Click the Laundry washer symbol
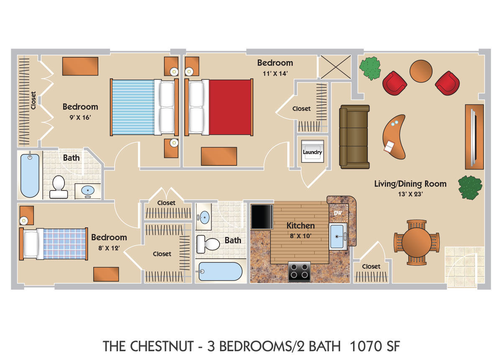pos(312,151)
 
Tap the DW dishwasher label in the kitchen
pos(338,213)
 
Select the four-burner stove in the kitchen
pos(299,271)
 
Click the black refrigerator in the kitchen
pos(262,217)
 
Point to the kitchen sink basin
pos(337,236)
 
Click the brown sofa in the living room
pos(354,137)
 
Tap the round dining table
pos(416,242)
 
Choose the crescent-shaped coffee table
pos(394,137)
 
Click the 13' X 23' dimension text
pos(410,194)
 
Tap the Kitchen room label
pos(300,226)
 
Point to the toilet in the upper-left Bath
pos(59,187)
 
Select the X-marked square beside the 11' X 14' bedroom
pos(336,67)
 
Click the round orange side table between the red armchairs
pos(421,71)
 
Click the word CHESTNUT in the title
pos(162,346)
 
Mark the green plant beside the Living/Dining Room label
pos(470,187)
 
